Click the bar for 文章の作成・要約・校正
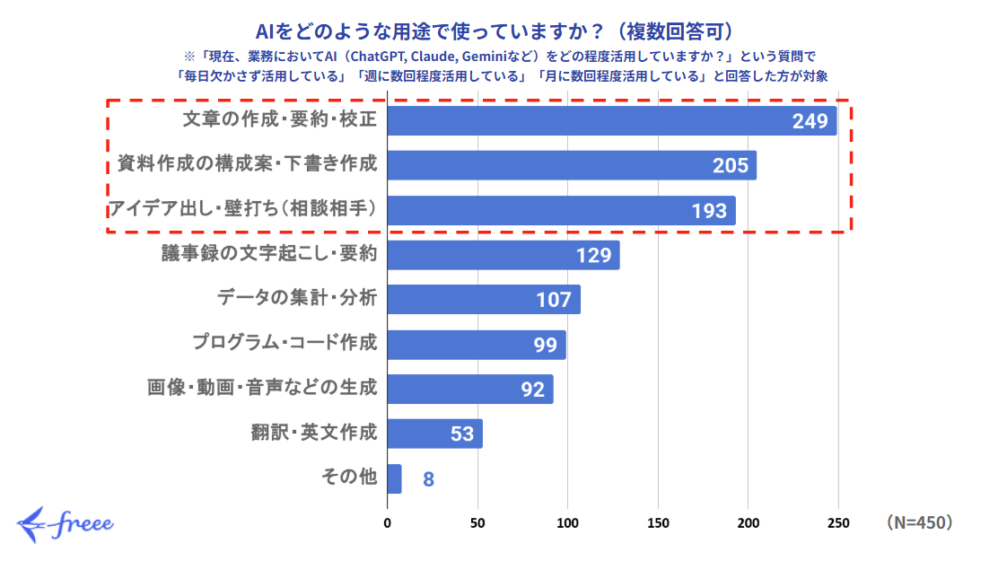pos(610,121)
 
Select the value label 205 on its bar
pos(731,166)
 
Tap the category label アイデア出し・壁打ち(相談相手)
pos(242,210)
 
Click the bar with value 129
pos(503,255)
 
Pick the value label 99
pos(546,345)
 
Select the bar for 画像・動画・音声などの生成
pos(469,389)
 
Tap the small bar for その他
pos(394,478)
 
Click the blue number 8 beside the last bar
pos(429,479)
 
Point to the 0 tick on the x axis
pos(388,522)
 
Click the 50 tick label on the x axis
pos(477,522)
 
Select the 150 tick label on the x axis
pos(658,522)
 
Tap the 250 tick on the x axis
pos(838,522)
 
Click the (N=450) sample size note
pos(918,522)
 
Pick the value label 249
pos(810,121)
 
